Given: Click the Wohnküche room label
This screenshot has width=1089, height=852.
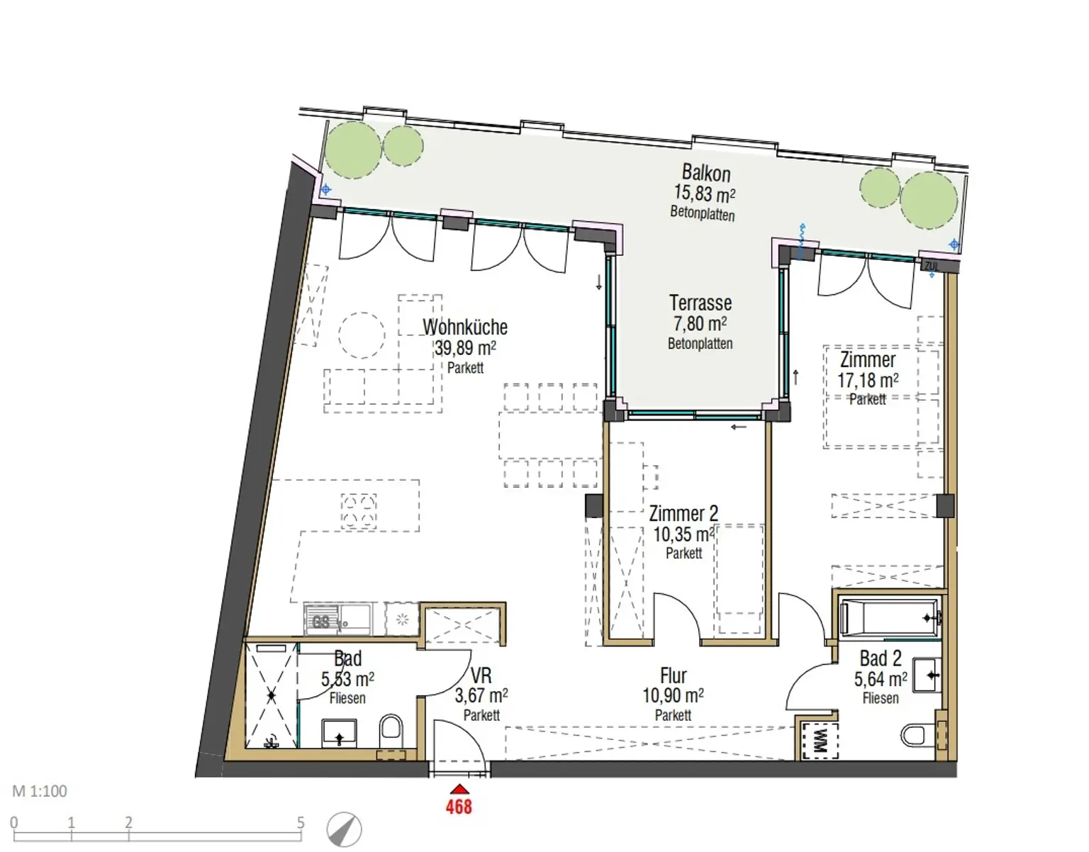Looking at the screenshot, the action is point(465,327).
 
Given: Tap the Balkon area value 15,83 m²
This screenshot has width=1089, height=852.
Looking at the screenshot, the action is point(704,193).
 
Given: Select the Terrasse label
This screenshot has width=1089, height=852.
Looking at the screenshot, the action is point(700,303).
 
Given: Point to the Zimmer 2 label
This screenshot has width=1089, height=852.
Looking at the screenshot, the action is point(683,513).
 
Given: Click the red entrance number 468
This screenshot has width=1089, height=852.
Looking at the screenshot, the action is point(459,807).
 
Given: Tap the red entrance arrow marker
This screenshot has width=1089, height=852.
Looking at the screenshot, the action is point(459,790).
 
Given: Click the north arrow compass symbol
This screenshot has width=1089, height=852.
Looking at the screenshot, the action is point(345,829).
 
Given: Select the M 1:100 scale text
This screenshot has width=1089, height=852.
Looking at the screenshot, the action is point(40,791).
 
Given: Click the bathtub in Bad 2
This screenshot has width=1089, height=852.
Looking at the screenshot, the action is point(890,618).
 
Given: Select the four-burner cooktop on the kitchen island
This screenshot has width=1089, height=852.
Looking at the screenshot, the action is point(359,511).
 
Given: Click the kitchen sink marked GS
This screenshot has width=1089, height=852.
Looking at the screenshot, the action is point(337,620).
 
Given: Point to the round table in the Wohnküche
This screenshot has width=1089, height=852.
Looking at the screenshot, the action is point(362,335).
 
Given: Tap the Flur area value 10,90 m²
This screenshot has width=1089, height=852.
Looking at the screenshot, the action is point(673,695).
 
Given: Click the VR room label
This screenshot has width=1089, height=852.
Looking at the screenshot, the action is point(481,676).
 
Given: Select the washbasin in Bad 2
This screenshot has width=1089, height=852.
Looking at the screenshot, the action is point(927,676).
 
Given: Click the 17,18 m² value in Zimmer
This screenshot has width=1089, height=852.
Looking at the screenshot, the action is point(868,380).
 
